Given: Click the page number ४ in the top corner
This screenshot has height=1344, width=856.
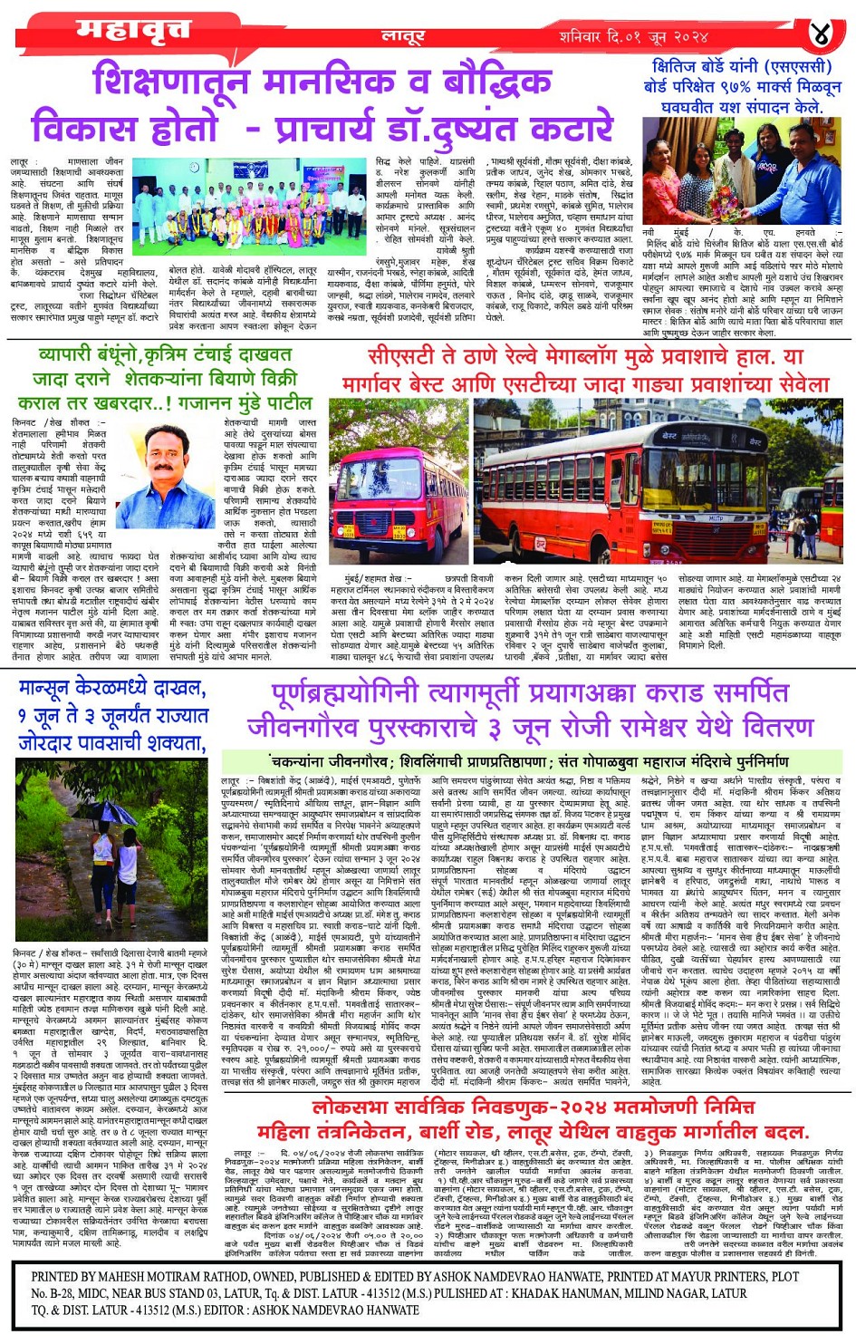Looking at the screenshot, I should (x=820, y=35).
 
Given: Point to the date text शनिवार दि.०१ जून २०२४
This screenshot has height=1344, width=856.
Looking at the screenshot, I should (x=633, y=37).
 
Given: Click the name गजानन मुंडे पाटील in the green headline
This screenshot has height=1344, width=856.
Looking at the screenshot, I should (x=239, y=402).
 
